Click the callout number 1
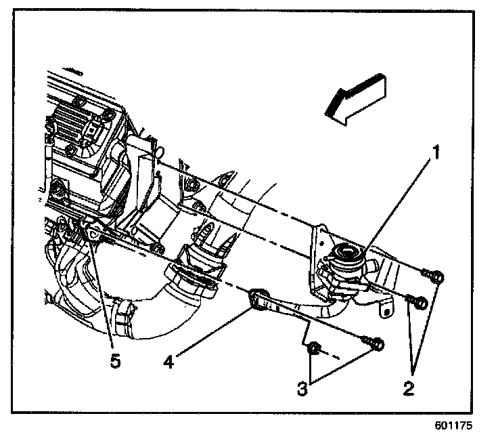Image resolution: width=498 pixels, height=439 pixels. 437,153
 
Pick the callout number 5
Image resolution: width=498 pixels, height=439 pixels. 115,361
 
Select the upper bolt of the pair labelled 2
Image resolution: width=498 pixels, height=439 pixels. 434,276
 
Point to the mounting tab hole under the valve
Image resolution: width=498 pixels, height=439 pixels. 386,312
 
